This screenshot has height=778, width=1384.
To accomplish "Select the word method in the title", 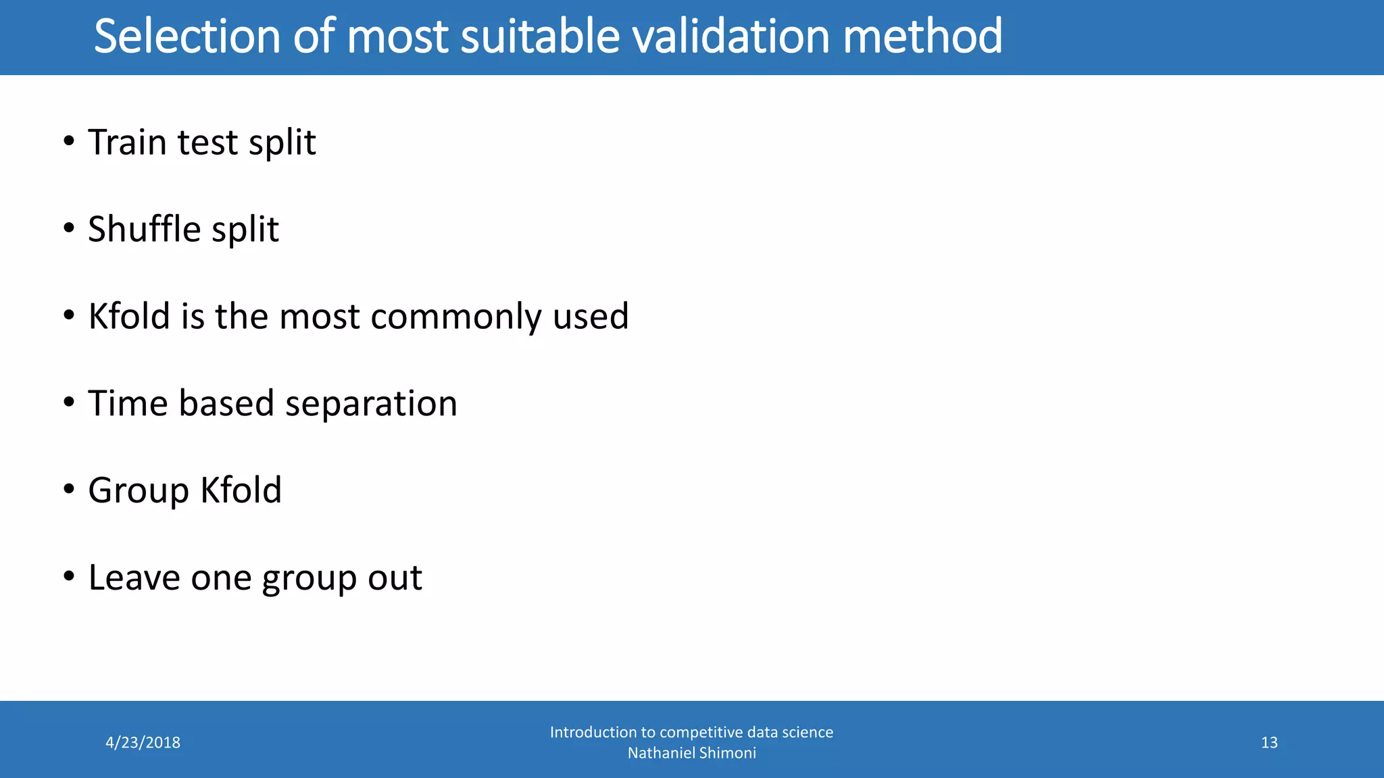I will tap(922, 36).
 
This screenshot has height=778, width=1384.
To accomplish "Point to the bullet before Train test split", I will tap(69, 142).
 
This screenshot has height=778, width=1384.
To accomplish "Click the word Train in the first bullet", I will tap(127, 142).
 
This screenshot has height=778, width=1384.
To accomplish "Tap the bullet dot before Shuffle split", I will tap(69, 229).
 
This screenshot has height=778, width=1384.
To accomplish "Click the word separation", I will tap(371, 404).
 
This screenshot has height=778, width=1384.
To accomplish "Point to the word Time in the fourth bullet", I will tap(127, 403).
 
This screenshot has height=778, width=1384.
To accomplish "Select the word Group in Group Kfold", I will tap(139, 491).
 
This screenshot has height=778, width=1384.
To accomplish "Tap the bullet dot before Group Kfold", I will tap(69, 490).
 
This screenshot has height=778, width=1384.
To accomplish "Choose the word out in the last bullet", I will tap(395, 579).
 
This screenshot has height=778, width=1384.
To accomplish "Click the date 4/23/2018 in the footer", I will tap(143, 743).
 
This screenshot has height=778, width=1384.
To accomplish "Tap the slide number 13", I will tap(1269, 743).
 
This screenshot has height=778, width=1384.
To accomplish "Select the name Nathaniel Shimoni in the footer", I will tap(691, 753).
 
